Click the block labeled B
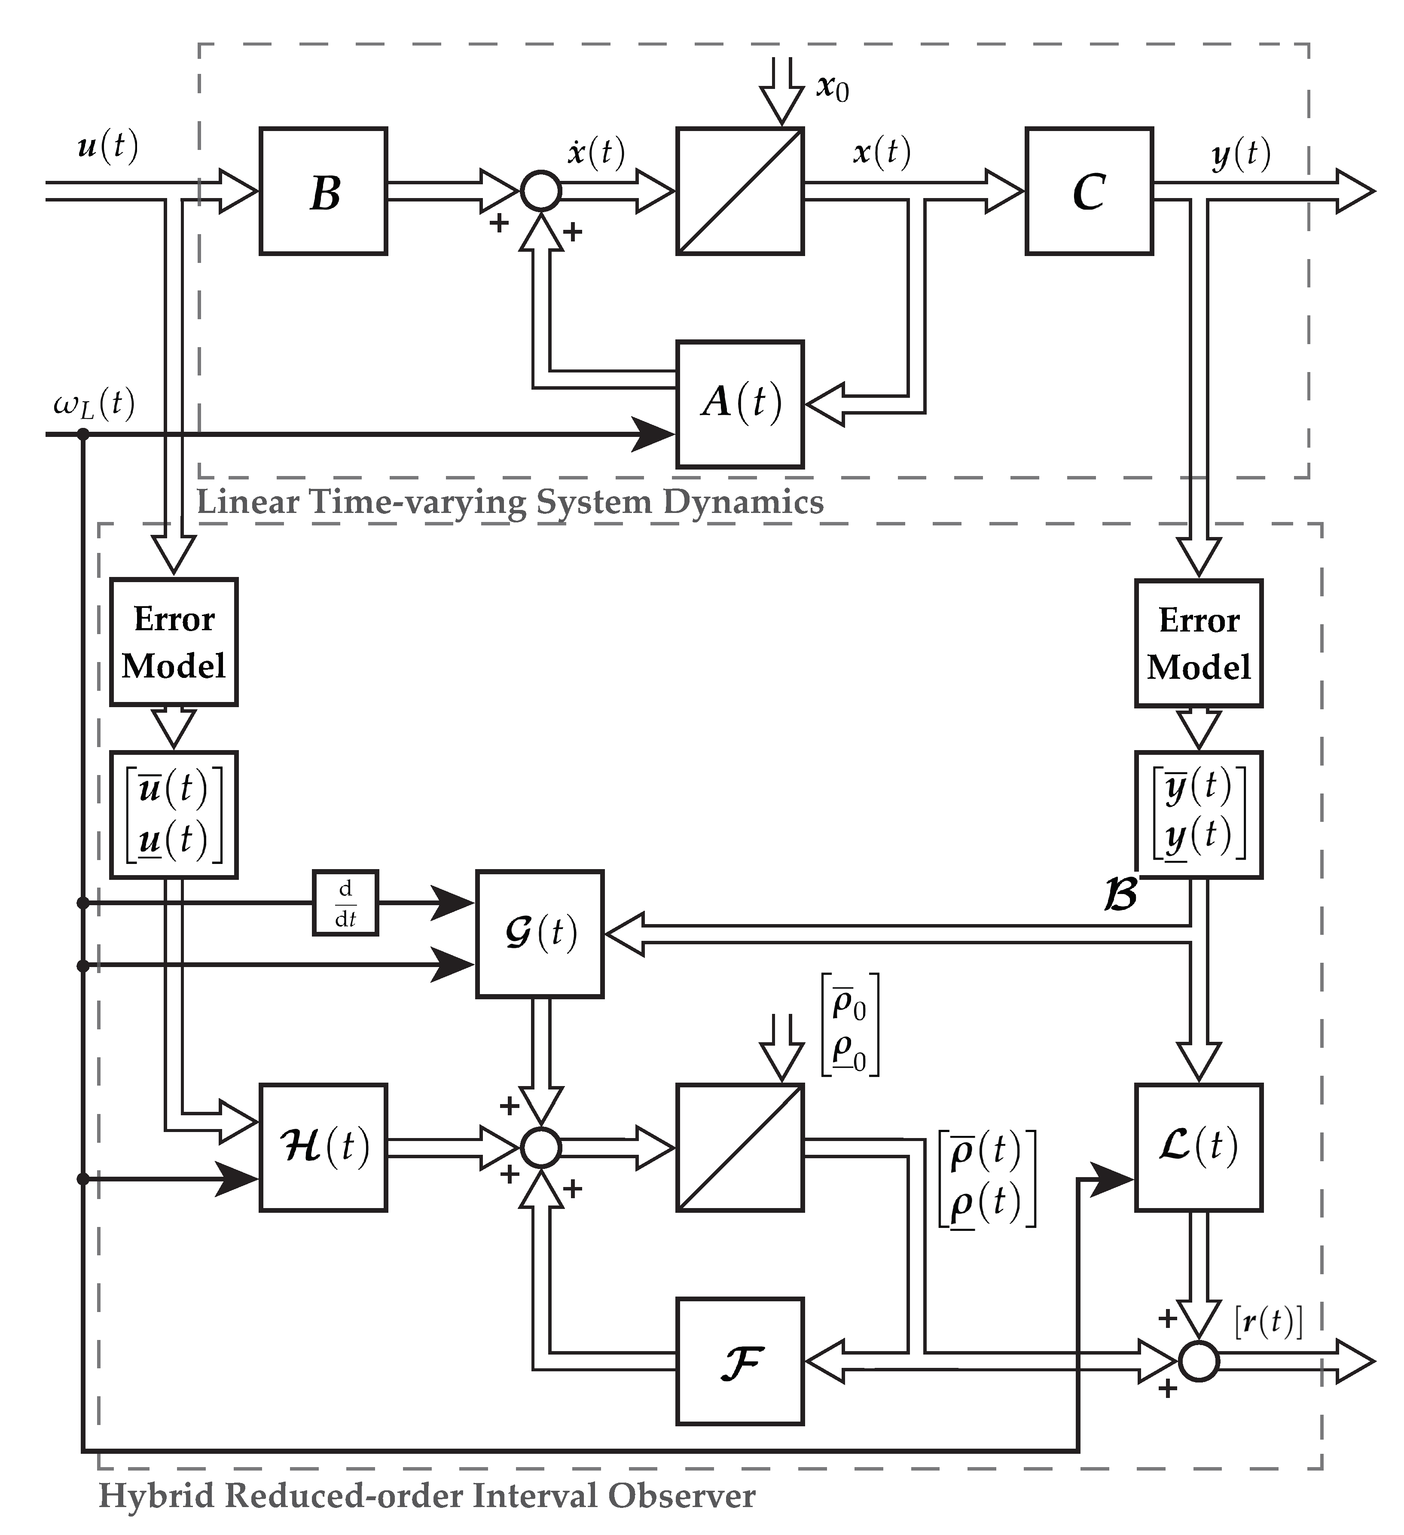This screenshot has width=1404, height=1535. [x=324, y=191]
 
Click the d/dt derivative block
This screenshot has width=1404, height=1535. [x=346, y=903]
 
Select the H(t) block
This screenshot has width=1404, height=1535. [x=324, y=1147]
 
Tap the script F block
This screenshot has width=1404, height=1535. [x=740, y=1362]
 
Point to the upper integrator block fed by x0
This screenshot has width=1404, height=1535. [x=740, y=191]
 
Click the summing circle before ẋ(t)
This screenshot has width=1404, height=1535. [x=540, y=191]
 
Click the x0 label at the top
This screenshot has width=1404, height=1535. [x=832, y=88]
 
